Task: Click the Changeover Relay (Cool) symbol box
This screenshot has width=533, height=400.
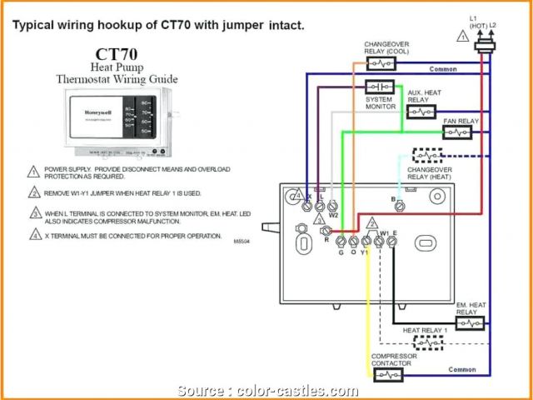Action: (x=380, y=63)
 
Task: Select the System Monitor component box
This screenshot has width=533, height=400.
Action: (x=380, y=87)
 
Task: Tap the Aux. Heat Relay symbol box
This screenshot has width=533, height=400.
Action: (x=421, y=111)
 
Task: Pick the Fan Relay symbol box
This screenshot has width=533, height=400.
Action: (x=457, y=132)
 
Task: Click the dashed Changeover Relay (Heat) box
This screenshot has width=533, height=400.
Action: (x=428, y=155)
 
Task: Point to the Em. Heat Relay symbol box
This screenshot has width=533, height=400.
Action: (x=471, y=322)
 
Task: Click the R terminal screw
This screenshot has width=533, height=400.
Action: (x=326, y=231)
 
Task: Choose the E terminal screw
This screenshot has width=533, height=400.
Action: (x=392, y=241)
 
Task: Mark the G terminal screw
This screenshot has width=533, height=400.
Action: (x=340, y=241)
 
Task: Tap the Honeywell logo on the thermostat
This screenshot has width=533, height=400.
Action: (x=94, y=112)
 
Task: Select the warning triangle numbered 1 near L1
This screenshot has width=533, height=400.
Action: (x=462, y=36)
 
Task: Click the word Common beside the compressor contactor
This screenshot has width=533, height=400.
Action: (x=462, y=368)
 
